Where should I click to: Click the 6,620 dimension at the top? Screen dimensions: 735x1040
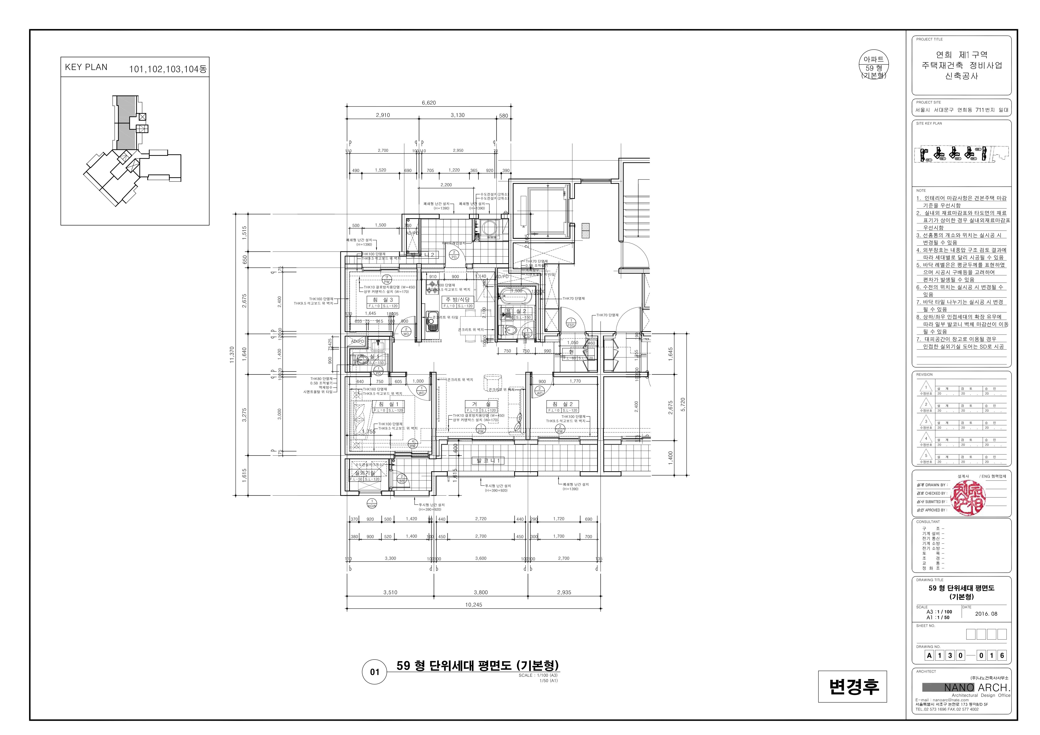[429, 103]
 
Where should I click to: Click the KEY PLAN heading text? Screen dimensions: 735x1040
[86, 67]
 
